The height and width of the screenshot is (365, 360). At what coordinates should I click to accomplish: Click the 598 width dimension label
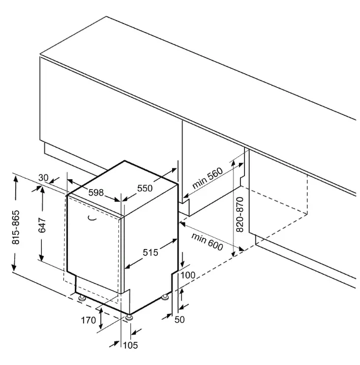click(x=96, y=192)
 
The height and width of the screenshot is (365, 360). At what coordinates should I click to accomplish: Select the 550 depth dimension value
click(x=145, y=188)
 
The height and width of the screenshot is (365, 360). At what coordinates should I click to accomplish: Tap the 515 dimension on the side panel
click(x=150, y=253)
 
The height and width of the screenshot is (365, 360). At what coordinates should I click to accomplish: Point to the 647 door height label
click(x=42, y=225)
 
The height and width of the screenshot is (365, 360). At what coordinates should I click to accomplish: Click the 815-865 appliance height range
click(x=16, y=227)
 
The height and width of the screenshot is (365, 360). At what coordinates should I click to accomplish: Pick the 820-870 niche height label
click(x=240, y=214)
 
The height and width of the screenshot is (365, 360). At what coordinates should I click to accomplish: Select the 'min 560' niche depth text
click(x=208, y=178)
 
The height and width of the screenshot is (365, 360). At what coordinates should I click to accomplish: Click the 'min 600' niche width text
click(x=207, y=242)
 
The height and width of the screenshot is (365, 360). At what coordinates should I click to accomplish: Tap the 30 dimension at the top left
click(x=43, y=178)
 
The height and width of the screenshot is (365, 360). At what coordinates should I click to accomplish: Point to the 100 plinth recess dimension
click(x=188, y=275)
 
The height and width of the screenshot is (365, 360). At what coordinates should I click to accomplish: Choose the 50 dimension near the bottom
click(x=180, y=319)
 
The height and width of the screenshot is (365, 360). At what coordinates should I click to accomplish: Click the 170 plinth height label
click(x=89, y=320)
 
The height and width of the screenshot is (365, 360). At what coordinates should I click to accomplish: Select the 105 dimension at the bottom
click(x=130, y=345)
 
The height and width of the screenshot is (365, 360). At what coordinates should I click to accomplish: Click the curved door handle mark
click(x=92, y=218)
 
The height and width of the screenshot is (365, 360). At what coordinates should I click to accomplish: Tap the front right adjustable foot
click(x=129, y=317)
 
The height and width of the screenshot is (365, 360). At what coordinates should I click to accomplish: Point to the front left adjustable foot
click(x=82, y=298)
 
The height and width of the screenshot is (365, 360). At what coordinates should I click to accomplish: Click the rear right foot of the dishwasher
click(x=165, y=297)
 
